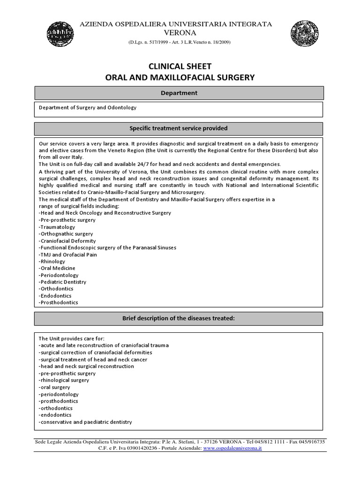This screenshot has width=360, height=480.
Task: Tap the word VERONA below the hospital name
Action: (180, 32)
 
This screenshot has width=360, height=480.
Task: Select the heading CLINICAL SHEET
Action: (180, 67)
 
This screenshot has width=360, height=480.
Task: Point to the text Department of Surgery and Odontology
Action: (88, 107)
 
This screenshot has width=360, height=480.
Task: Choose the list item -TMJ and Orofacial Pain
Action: (69, 255)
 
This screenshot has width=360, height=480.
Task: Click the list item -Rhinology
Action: (52, 262)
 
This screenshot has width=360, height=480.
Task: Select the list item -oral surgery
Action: (54, 387)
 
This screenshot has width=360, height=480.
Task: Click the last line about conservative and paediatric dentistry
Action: (85, 422)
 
